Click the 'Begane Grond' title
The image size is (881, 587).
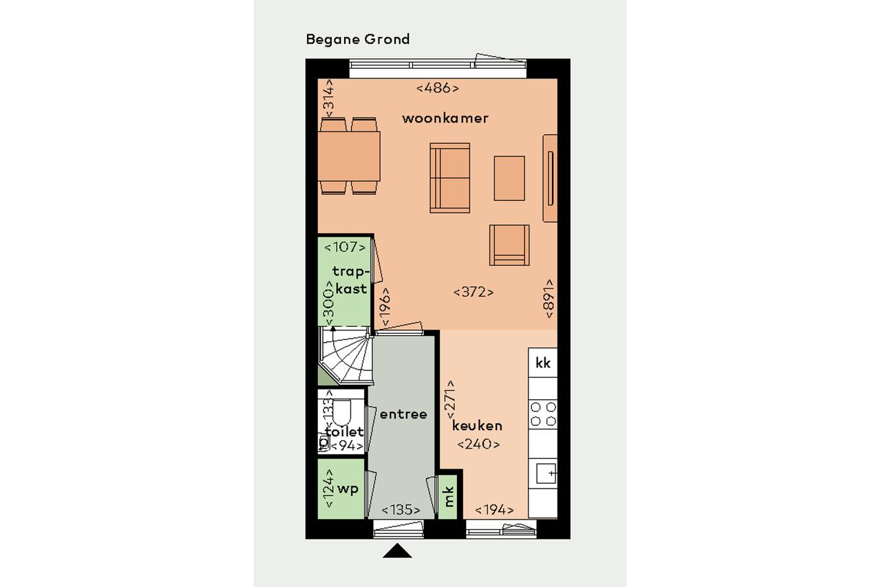pyautogui.click(x=358, y=40)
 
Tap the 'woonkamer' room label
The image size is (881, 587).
pyautogui.click(x=445, y=118)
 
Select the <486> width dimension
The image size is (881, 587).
pyautogui.click(x=437, y=88)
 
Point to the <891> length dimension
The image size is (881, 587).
pyautogui.click(x=549, y=299)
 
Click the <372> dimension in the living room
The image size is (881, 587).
pyautogui.click(x=474, y=292)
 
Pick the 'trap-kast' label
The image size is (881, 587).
pyautogui.click(x=351, y=280)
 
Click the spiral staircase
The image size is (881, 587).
pyautogui.click(x=346, y=356)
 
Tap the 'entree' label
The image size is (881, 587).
pyautogui.click(x=403, y=414)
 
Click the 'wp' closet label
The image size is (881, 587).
pyautogui.click(x=348, y=489)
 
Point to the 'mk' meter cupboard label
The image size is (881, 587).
pyautogui.click(x=448, y=497)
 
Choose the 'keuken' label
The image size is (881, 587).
pyautogui.click(x=477, y=426)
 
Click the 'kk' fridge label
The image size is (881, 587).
pyautogui.click(x=543, y=363)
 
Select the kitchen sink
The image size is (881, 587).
pyautogui.click(x=546, y=473)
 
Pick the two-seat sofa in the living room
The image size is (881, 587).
pyautogui.click(x=450, y=178)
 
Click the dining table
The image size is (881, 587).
pyautogui.click(x=349, y=156)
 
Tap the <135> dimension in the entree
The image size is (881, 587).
pyautogui.click(x=401, y=511)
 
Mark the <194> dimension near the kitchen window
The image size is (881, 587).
pyautogui.click(x=494, y=511)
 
